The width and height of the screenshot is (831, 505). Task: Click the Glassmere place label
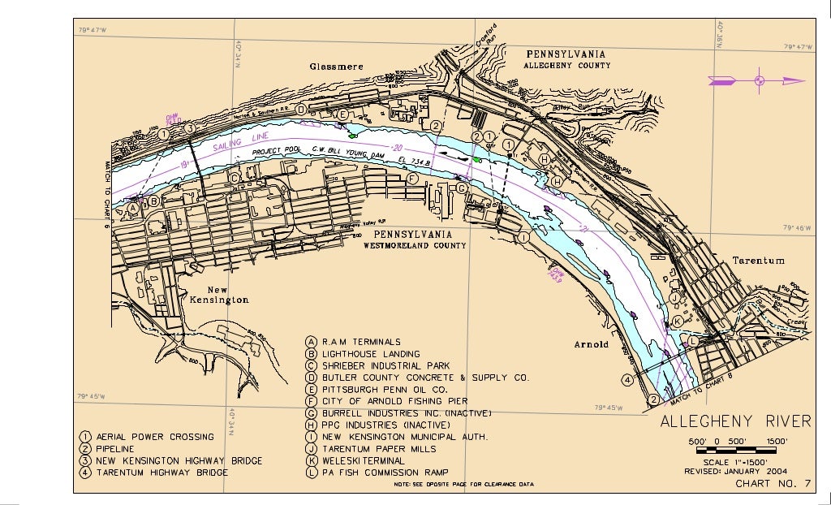(337, 67)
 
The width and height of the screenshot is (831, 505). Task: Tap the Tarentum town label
(758, 261)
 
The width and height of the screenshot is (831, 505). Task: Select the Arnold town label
(592, 344)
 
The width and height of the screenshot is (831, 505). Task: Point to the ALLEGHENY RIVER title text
(735, 421)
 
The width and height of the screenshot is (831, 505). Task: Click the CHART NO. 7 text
(773, 485)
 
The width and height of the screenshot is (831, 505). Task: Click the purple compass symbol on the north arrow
(759, 80)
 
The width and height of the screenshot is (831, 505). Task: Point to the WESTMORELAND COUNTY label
(415, 244)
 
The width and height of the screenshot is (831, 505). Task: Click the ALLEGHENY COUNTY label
(566, 65)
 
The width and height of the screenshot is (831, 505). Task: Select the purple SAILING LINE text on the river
(236, 146)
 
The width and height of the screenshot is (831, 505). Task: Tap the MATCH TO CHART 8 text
(701, 388)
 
